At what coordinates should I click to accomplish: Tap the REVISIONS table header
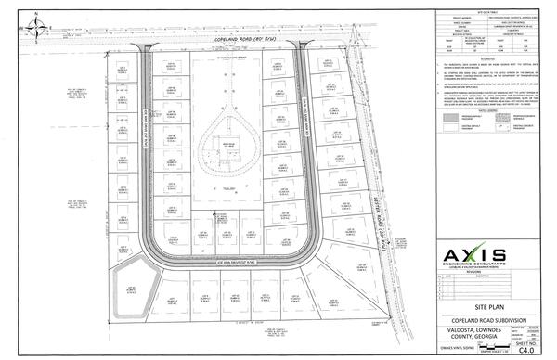pyautogui.click(x=473, y=270)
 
